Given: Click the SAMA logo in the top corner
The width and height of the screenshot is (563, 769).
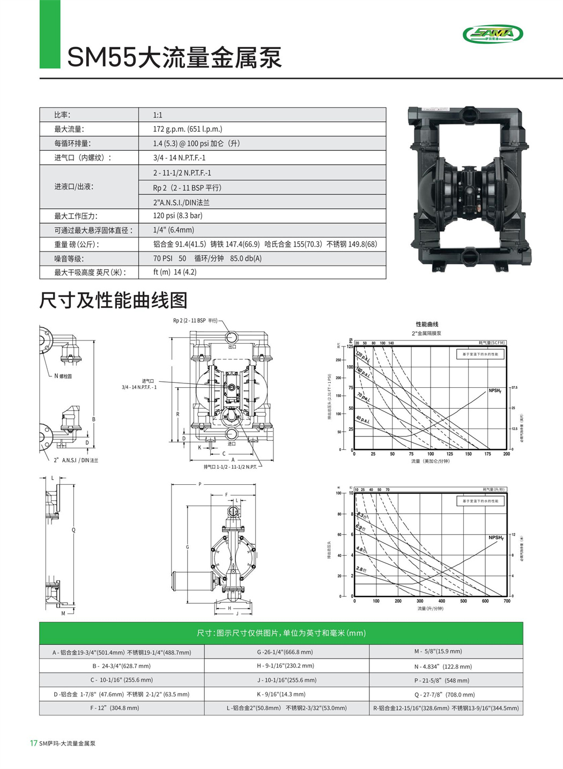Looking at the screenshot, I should point(492,34).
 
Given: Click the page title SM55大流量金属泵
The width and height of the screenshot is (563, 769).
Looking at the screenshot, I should point(174,57).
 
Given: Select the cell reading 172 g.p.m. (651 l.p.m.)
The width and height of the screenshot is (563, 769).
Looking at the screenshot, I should point(187,129).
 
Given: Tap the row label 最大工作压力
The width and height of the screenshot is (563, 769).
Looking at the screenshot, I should point(76,216).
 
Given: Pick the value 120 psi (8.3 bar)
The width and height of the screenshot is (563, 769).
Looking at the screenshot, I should point(177,216).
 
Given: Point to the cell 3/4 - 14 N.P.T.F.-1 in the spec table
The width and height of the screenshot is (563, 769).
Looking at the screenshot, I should point(179,158).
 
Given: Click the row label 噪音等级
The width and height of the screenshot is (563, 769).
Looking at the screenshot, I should point(69,258).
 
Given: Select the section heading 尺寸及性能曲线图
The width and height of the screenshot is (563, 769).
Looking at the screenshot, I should point(113,300).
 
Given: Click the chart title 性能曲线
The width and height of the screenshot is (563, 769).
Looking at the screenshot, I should point(427,324).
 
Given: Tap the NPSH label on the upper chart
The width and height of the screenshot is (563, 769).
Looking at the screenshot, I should point(494,391).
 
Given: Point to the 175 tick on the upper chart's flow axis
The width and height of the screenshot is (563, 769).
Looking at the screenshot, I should point(487,454).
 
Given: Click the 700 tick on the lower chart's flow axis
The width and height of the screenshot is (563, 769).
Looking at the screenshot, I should point(507,601).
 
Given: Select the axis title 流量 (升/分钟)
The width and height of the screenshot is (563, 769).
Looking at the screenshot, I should point(430,609).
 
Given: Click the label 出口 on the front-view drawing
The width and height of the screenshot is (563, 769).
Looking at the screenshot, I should point(232,347).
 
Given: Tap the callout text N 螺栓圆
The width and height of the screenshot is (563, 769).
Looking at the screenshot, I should point(63,376).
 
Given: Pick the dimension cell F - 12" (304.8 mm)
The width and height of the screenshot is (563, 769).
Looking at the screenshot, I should point(115,708).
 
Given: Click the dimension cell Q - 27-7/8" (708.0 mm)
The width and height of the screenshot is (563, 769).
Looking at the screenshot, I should point(445,694).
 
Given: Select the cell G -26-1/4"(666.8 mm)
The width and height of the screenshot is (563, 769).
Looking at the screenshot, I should point(285,652).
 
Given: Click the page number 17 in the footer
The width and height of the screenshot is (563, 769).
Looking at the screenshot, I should point(34,743).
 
